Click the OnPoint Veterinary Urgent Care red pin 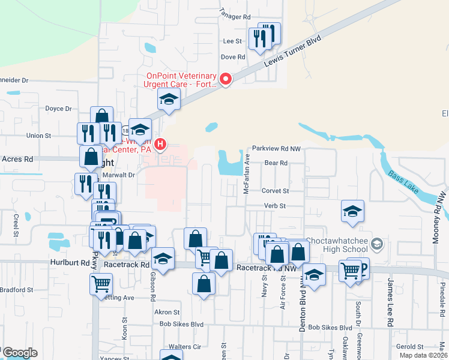(x=226, y=79)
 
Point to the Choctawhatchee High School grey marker (x=376, y=244)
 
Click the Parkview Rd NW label (x=276, y=148)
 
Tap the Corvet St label (x=275, y=191)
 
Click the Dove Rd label (x=233, y=57)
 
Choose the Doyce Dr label (x=58, y=109)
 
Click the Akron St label (x=167, y=312)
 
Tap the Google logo (x=19, y=353)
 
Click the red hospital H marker (x=160, y=144)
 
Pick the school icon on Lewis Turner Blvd (x=169, y=99)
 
